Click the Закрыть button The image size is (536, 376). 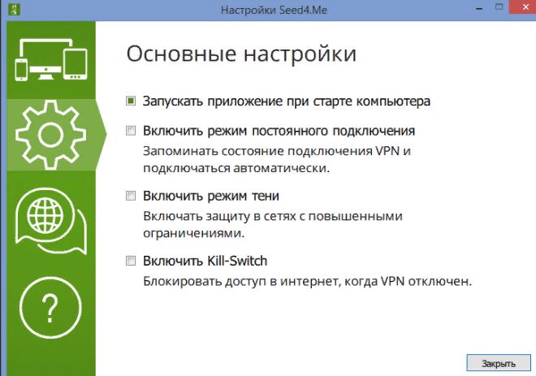click(x=499, y=363)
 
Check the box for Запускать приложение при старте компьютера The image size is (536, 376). click(x=131, y=102)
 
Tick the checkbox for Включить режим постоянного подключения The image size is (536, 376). click(x=131, y=131)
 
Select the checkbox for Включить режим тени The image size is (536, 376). click(x=131, y=196)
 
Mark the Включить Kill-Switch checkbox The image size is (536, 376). click(x=131, y=261)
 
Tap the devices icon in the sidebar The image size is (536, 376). click(x=51, y=60)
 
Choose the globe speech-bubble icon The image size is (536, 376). click(x=50, y=221)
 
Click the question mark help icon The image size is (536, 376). click(x=50, y=308)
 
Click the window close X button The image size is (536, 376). click(x=525, y=7)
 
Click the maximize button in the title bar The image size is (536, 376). click(x=499, y=6)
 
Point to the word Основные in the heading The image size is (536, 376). click(x=182, y=54)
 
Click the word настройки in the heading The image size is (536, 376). click(x=300, y=54)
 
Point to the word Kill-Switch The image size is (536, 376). click(x=236, y=261)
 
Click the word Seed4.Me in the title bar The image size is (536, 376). click(x=303, y=10)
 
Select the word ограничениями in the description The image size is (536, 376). click(x=194, y=234)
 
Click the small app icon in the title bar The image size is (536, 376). click(x=14, y=9)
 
